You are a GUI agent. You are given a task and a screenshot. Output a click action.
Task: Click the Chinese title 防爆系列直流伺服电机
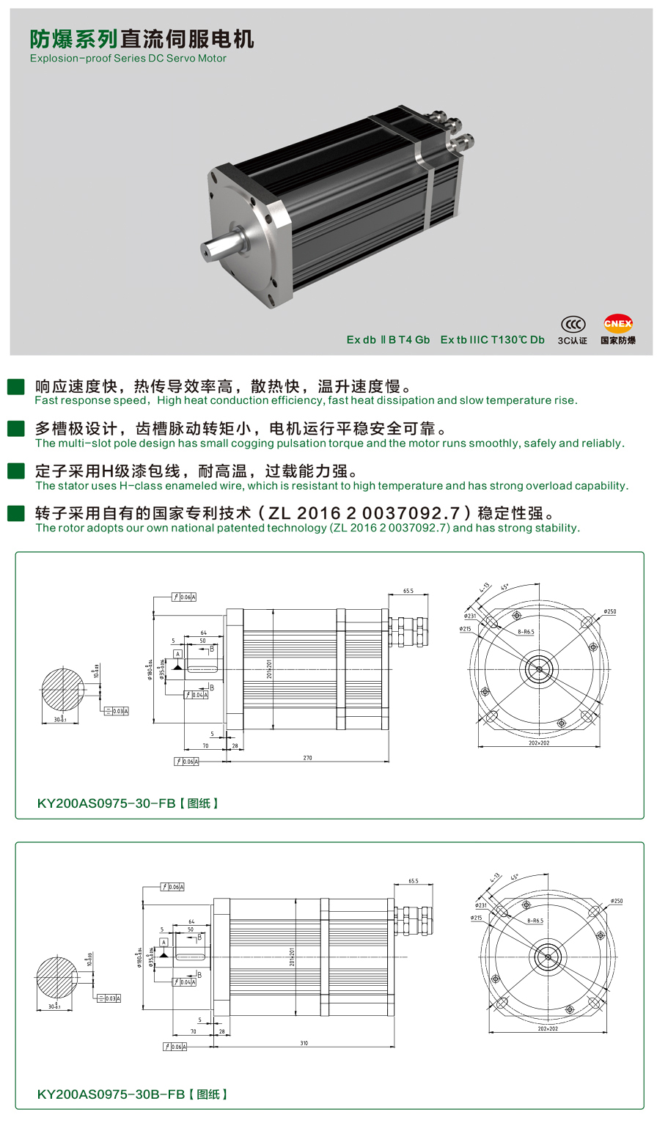pos(142,38)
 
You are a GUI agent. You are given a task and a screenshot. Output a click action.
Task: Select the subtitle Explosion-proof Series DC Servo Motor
pos(128,59)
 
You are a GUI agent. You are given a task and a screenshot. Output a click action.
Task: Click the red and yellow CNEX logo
pos(617,323)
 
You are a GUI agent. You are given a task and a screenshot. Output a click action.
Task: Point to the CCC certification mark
pos(573,324)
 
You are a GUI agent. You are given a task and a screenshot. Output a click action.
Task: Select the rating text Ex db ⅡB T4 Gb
pos(388,339)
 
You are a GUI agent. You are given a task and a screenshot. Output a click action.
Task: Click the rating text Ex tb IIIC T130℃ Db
pos(492,339)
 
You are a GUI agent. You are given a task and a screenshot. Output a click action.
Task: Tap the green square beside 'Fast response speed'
pos(15,387)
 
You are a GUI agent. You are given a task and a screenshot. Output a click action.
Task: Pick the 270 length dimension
pos(307,757)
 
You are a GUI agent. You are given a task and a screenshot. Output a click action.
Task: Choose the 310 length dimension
pos(304,1043)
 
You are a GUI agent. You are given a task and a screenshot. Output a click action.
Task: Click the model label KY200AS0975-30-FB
pos(106,803)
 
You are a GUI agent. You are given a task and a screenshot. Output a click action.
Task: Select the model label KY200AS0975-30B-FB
pos(111,1094)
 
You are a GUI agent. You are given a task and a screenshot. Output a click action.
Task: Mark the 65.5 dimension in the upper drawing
pos(408,591)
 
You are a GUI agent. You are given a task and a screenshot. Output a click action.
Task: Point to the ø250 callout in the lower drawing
pos(616,901)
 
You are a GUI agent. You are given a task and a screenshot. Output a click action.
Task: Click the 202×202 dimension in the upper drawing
pos(539,743)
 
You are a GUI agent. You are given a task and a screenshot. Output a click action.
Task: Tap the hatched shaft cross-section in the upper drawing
pos(63,689)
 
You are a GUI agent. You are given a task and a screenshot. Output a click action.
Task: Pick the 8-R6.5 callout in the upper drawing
pos(526,631)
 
